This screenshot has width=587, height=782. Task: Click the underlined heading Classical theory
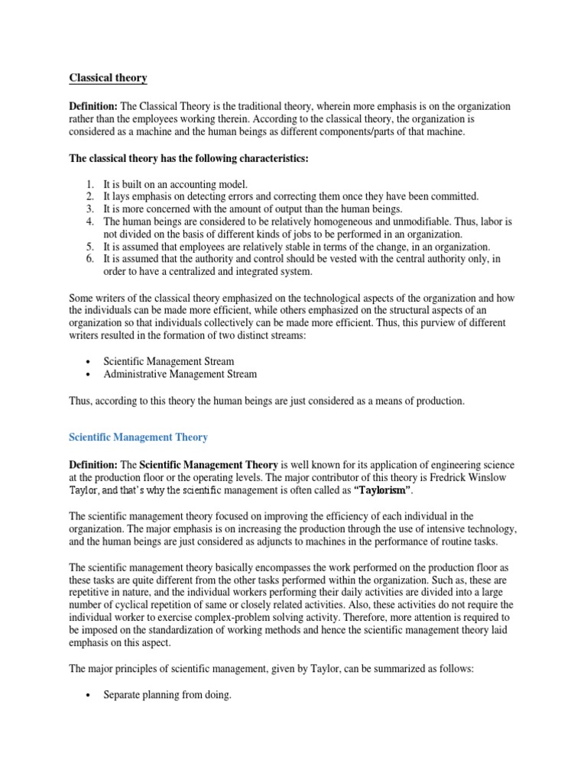click(108, 78)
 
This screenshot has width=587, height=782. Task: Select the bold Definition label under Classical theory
click(93, 106)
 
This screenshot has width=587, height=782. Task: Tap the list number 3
click(89, 208)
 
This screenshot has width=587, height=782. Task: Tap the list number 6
click(89, 259)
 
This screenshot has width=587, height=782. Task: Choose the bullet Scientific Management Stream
click(168, 361)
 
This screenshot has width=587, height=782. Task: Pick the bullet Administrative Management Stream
click(180, 374)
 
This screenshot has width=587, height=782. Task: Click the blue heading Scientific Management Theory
click(138, 438)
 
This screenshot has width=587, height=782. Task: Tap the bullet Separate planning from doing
click(167, 696)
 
